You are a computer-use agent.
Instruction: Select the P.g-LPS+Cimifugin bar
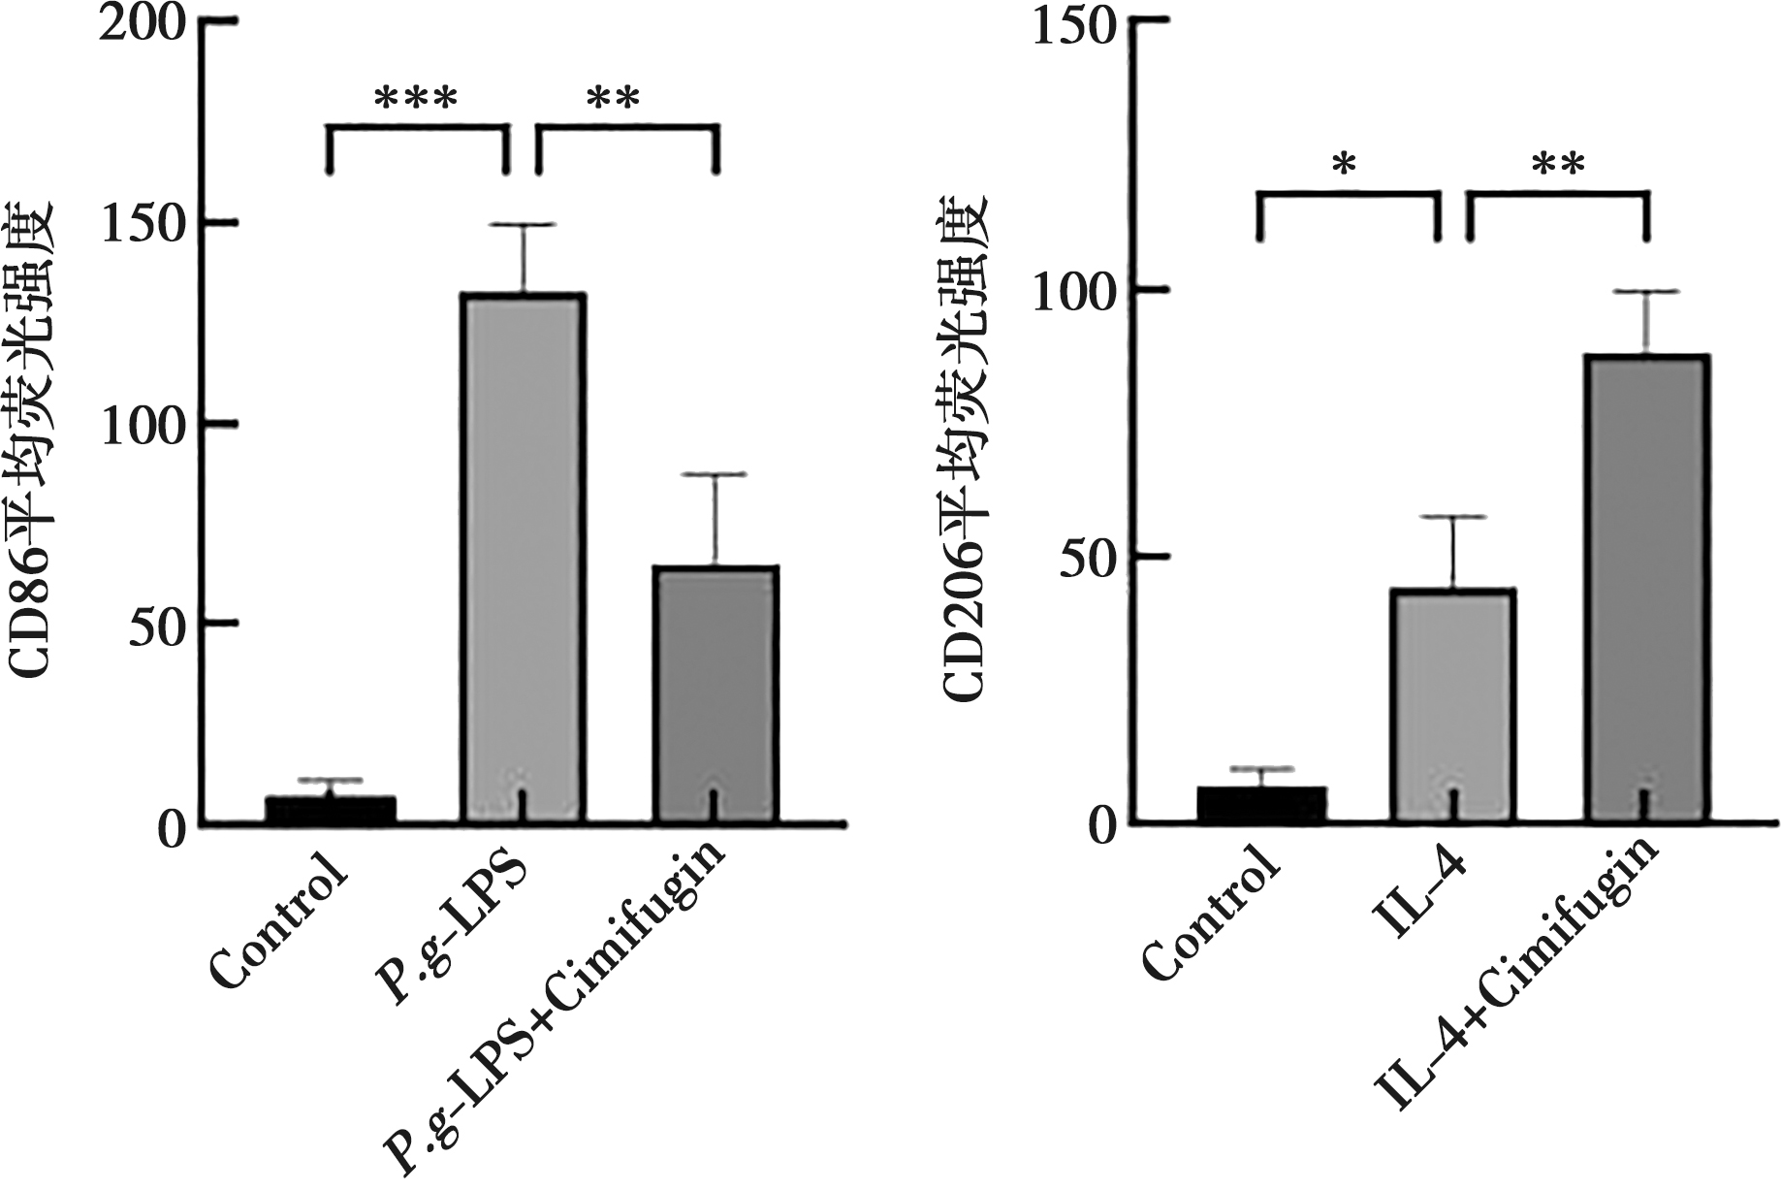coord(716,694)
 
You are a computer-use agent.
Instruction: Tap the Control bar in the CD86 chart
coord(331,811)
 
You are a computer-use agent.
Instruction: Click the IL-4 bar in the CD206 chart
coord(1452,705)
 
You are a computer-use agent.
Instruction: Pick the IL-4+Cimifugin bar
coord(1645,589)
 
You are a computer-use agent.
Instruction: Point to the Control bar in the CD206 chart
coord(1261,804)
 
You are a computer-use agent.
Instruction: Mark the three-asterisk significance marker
coord(416,100)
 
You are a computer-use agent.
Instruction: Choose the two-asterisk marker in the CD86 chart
coord(615,100)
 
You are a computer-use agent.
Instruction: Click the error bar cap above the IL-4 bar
coord(1452,517)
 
